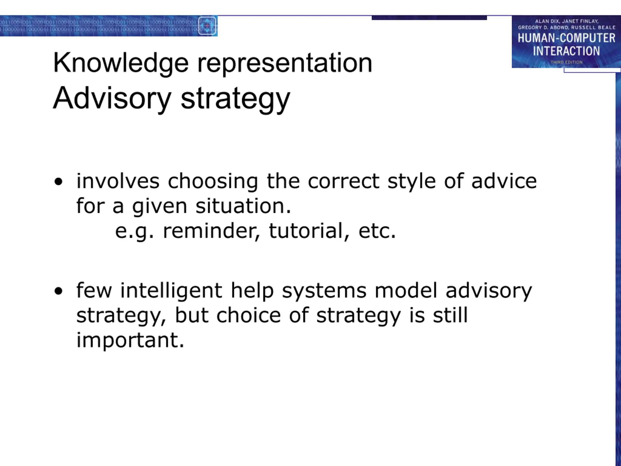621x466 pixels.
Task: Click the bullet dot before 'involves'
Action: pos(58,182)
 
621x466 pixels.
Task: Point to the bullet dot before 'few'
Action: pos(58,291)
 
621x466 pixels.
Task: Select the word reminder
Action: pos(211,231)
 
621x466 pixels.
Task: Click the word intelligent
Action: pos(172,291)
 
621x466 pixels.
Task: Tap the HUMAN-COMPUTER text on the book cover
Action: pos(566,38)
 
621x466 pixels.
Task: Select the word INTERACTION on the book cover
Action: pos(566,51)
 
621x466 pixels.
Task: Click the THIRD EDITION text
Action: pos(566,62)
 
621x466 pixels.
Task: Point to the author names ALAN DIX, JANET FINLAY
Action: pos(566,21)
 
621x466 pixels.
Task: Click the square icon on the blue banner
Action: pos(207,25)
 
